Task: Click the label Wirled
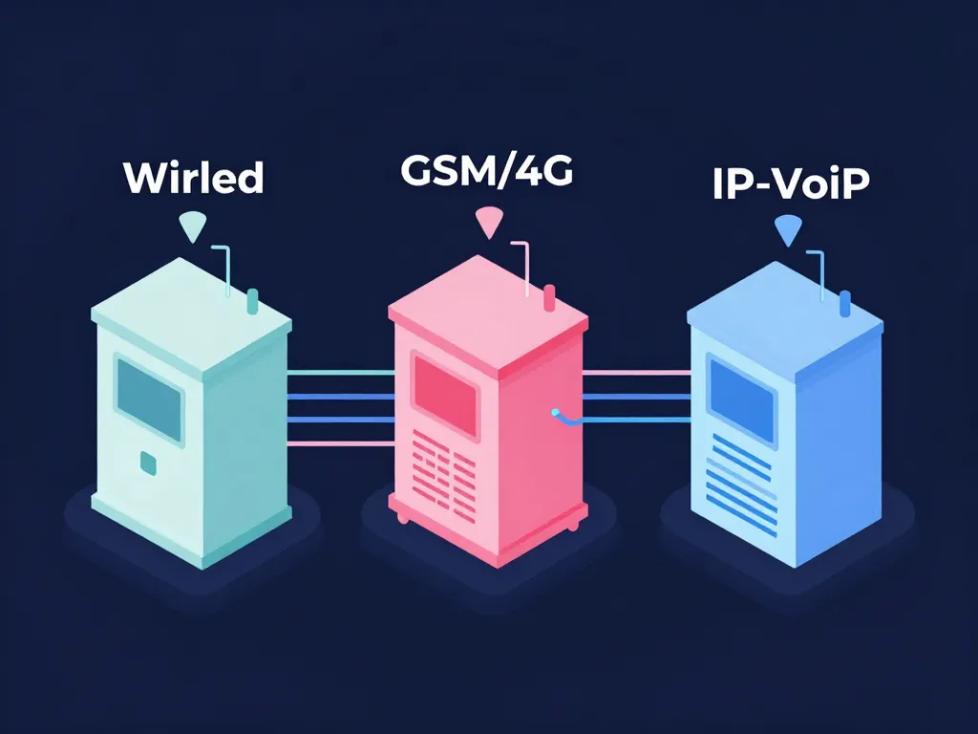coord(194,177)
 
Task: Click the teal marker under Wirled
coord(192,227)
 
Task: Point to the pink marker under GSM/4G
coord(488,223)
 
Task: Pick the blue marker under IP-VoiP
coord(788,229)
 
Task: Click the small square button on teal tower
coord(148,464)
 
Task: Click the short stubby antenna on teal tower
coord(252,301)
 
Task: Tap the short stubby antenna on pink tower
coord(549,297)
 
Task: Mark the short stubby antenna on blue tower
coord(845,304)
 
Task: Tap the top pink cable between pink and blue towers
coord(635,372)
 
